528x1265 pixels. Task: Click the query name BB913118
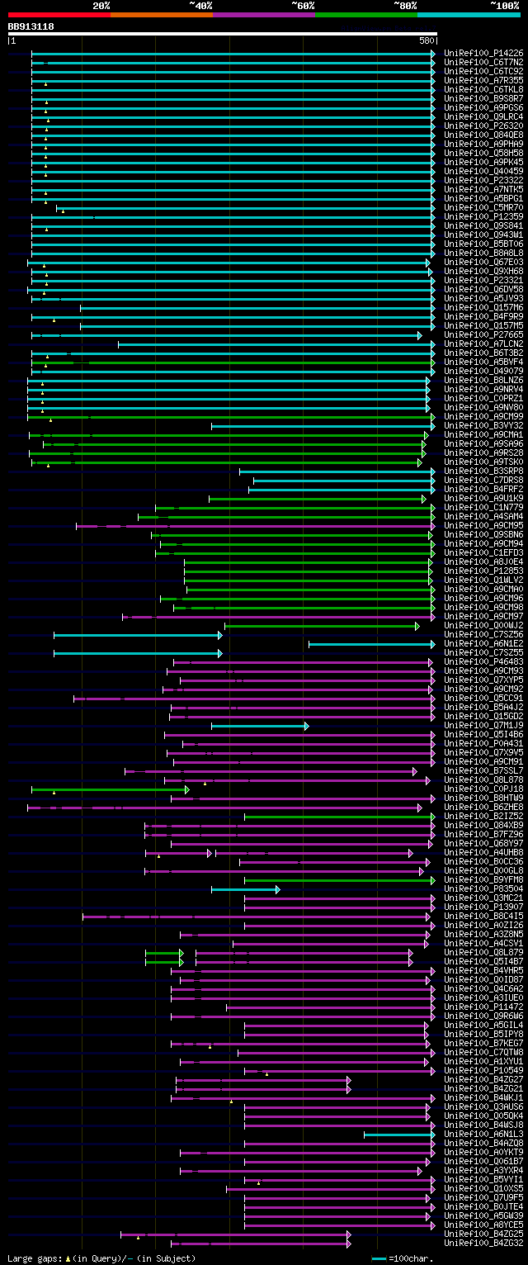click(31, 26)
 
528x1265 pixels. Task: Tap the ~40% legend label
click(200, 5)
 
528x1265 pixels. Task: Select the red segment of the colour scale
click(59, 15)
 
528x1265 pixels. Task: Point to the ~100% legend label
click(505, 5)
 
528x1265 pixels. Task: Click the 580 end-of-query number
click(427, 40)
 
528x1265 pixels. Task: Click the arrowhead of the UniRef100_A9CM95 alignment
click(431, 525)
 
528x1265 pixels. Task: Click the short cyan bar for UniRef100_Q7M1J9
click(259, 726)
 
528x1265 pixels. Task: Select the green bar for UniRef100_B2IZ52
click(338, 817)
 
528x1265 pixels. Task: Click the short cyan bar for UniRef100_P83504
click(244, 889)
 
